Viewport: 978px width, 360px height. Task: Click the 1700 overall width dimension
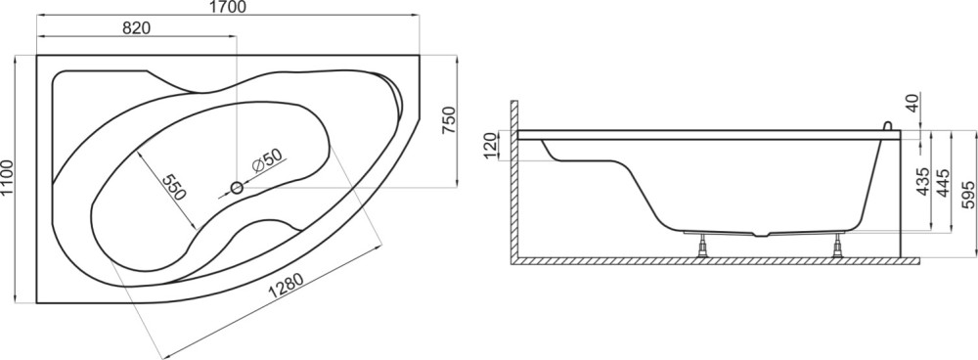pos(228,7)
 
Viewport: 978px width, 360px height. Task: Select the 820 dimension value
pos(137,27)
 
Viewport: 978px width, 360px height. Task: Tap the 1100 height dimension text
pos(7,179)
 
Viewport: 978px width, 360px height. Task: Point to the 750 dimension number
pos(450,121)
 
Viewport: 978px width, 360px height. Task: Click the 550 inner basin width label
pos(174,187)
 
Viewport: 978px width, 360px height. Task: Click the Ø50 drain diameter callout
pos(268,161)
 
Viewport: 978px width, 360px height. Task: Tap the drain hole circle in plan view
pos(237,187)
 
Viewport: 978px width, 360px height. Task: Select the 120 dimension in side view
pos(492,146)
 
